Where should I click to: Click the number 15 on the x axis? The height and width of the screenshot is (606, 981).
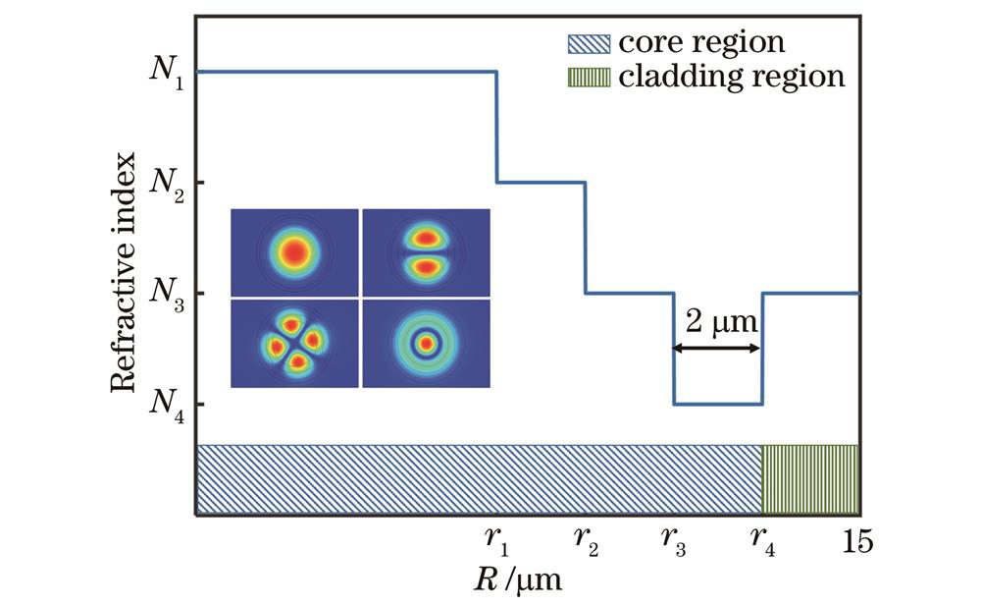point(856,541)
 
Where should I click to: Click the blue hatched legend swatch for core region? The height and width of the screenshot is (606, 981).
point(589,43)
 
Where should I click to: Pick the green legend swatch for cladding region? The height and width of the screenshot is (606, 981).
point(589,76)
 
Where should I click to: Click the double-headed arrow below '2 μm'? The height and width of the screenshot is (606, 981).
point(717,348)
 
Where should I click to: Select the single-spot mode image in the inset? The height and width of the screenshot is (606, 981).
point(295,252)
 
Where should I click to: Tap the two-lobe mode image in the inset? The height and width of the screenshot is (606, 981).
point(426,252)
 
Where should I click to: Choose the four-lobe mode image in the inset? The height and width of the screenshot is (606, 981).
point(295,343)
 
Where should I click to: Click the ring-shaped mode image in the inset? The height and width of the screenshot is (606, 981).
point(426,343)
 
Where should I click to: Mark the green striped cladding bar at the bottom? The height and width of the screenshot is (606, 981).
point(810,478)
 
